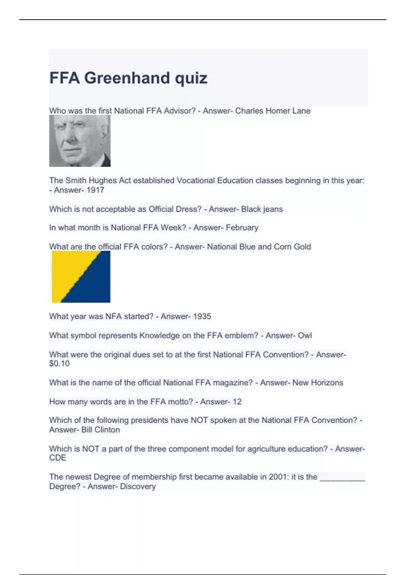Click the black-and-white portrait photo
coord(80,141)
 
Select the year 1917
coord(95,190)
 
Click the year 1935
coord(202,317)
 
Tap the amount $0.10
coord(59,364)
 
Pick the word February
coord(242,228)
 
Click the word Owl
coord(305,336)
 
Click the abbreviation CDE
coord(58,458)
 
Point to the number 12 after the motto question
coord(237,402)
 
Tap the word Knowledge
coord(159,336)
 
